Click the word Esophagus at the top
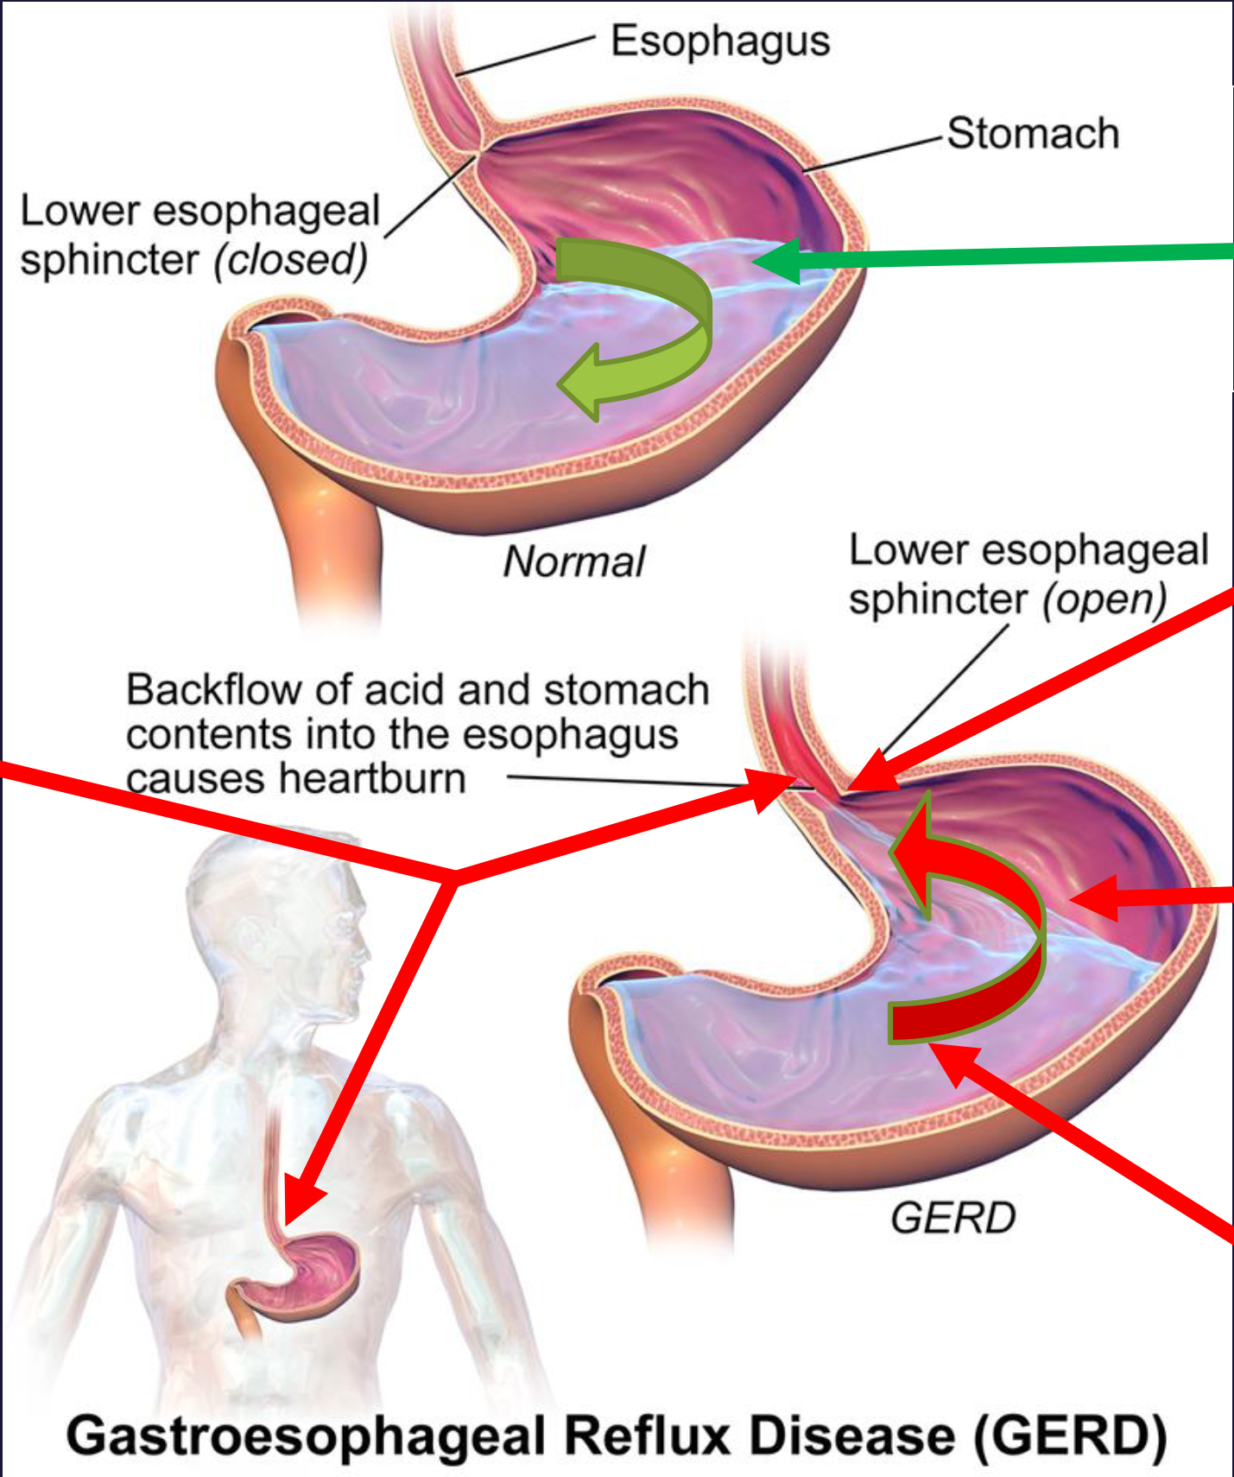tap(720, 41)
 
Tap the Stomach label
tap(1033, 134)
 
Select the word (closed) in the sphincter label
tap(291, 260)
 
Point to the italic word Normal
tap(574, 562)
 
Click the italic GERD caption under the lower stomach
tap(952, 1219)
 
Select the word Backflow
tap(214, 690)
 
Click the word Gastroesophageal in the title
tap(307, 1436)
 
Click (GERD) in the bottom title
tap(1071, 1436)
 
